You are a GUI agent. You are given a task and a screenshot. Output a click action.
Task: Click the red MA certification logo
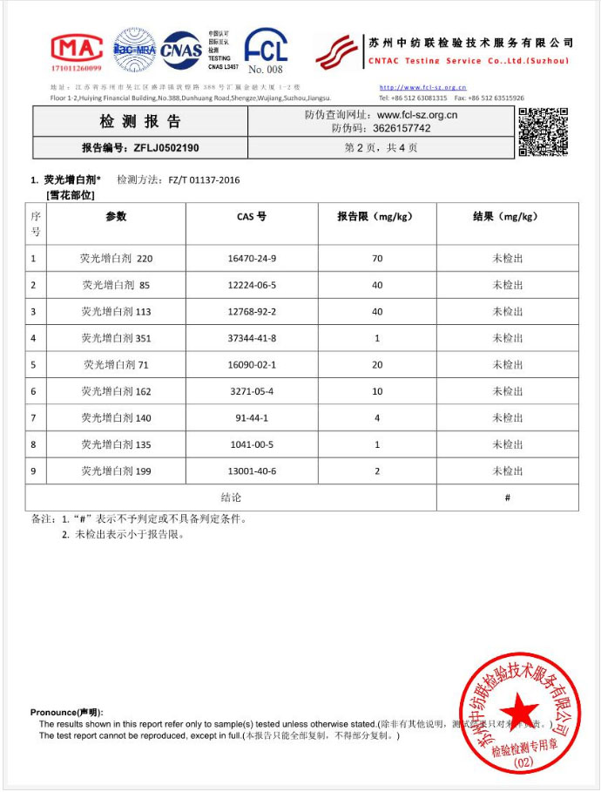click(x=77, y=51)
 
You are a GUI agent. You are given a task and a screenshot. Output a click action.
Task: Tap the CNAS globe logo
click(x=181, y=50)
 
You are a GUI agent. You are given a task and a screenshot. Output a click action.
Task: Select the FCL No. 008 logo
click(x=265, y=51)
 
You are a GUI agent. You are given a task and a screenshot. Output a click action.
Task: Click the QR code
click(x=544, y=132)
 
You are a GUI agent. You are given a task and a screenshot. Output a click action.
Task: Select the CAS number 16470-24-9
click(x=252, y=259)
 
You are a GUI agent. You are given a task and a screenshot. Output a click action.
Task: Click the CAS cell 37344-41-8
click(x=252, y=338)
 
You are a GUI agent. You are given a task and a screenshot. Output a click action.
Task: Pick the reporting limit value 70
click(x=377, y=259)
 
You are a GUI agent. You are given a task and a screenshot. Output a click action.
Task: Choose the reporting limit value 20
click(x=377, y=364)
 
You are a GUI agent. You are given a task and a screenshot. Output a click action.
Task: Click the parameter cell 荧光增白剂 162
click(x=116, y=391)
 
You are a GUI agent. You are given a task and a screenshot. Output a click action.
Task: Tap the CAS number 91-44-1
click(x=252, y=417)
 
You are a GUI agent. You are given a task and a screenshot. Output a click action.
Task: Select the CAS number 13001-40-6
click(x=252, y=470)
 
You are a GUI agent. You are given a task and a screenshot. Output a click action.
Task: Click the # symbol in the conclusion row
click(x=507, y=498)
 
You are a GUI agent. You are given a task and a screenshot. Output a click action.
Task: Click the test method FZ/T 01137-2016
click(x=204, y=180)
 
